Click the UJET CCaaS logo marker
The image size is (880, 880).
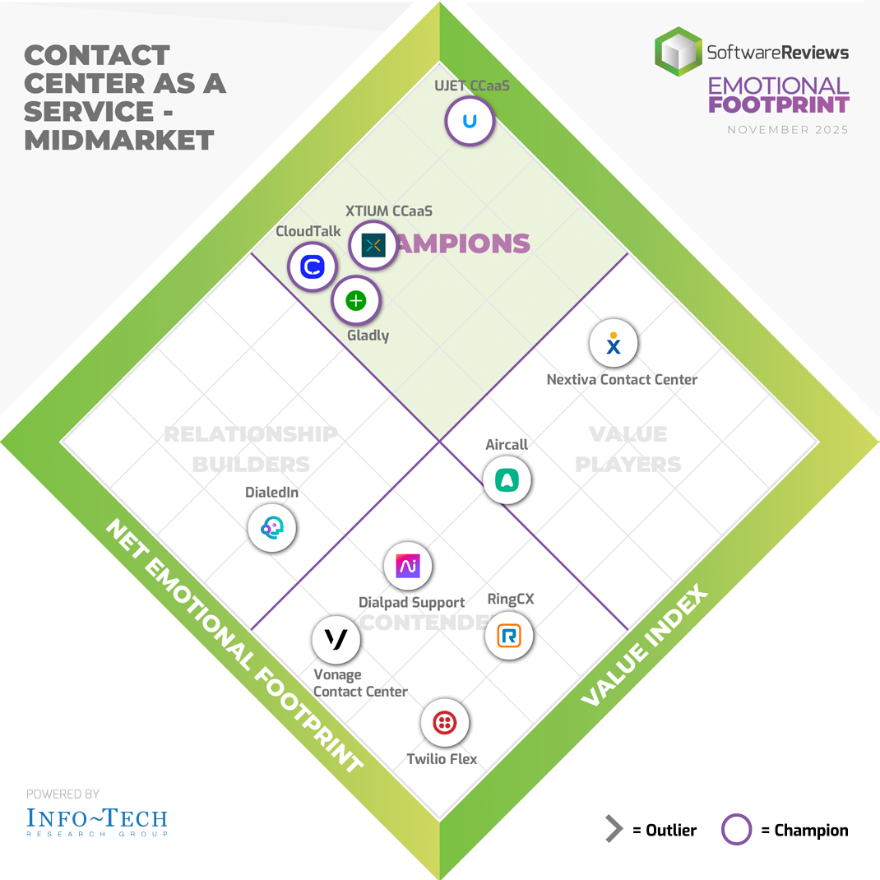(470, 122)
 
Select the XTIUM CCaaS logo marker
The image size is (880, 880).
(373, 245)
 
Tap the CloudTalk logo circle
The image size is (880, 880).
(313, 267)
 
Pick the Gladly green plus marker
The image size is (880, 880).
(355, 301)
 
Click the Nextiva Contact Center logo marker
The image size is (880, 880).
(614, 345)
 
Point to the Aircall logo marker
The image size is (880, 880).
(507, 479)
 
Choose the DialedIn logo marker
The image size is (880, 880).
(272, 528)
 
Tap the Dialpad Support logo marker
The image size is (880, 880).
(408, 566)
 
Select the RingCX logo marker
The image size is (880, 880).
(509, 635)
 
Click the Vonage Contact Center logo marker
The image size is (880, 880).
(336, 639)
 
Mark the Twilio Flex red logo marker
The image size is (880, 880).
(444, 723)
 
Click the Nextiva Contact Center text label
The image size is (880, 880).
(622, 380)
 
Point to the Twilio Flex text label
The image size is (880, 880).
(442, 759)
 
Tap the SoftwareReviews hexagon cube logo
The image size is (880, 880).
(679, 52)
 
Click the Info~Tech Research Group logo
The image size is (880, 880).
(97, 820)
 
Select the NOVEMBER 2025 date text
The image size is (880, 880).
(788, 130)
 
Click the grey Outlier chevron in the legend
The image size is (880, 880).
(614, 830)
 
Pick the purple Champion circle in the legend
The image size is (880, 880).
(736, 830)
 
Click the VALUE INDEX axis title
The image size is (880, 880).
(644, 646)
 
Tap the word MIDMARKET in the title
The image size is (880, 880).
(119, 140)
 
